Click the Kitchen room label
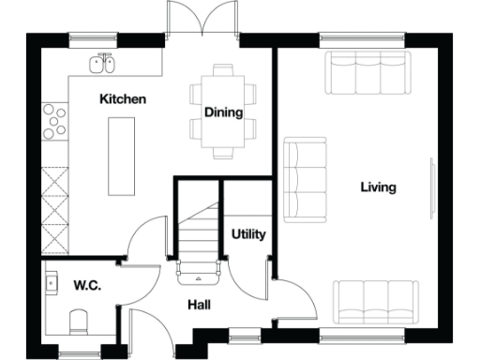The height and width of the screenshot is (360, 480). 123,98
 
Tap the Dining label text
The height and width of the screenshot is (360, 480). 224,112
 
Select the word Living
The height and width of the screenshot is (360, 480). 378,187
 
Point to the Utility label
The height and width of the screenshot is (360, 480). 248,234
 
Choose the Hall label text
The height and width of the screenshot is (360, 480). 198,305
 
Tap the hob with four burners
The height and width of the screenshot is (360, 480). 54,119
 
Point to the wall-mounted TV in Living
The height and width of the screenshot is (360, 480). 433,187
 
